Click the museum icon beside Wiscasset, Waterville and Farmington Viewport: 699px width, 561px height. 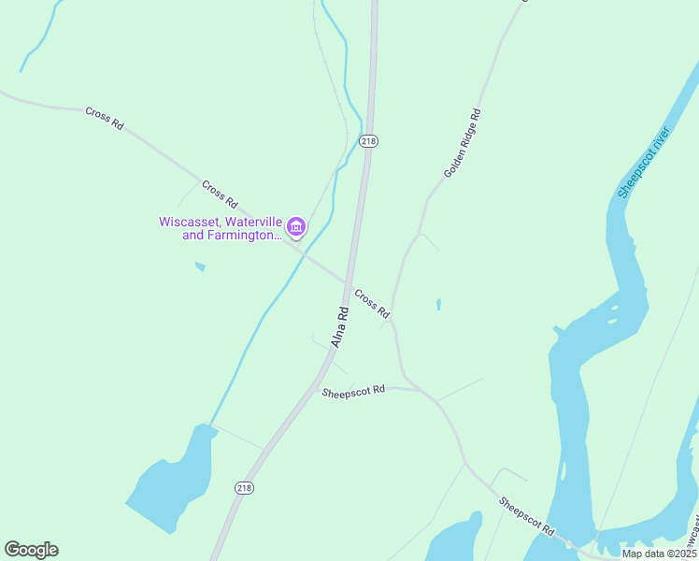(296, 227)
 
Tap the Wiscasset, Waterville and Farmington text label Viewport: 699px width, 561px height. (220, 229)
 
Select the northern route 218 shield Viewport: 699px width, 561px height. (368, 140)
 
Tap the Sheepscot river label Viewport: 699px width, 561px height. (645, 161)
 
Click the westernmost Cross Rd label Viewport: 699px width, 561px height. (104, 117)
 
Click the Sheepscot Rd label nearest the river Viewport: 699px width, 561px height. (526, 517)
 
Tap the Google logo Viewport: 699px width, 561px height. (31, 550)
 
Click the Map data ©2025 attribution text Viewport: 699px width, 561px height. (658, 554)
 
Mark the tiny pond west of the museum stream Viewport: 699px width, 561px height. (200, 267)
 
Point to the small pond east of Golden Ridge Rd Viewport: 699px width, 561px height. (438, 304)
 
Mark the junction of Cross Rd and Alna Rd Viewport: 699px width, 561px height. (349, 281)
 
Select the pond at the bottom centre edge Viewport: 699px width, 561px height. (455, 540)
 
